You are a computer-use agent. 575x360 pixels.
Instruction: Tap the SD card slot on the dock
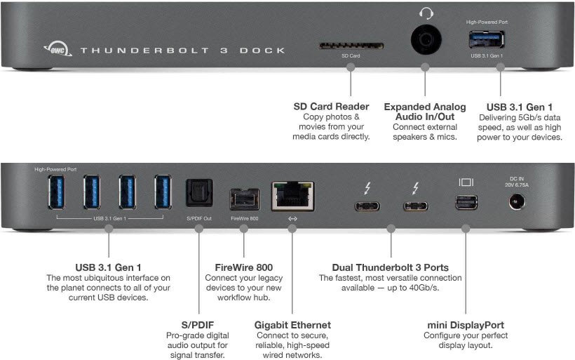pyautogui.click(x=351, y=46)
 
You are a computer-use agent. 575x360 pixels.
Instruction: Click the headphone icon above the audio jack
pyautogui.click(x=425, y=13)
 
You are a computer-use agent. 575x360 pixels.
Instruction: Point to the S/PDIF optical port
pyautogui.click(x=198, y=192)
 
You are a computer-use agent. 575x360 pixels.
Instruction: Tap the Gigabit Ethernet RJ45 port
pyautogui.click(x=292, y=195)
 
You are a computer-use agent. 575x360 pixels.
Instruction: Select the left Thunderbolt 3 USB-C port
pyautogui.click(x=367, y=206)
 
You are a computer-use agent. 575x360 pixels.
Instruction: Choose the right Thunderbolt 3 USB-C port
pyautogui.click(x=415, y=206)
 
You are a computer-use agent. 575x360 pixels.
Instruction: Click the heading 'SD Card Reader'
pyautogui.click(x=331, y=107)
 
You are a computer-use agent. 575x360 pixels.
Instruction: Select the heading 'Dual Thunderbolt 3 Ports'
pyautogui.click(x=391, y=267)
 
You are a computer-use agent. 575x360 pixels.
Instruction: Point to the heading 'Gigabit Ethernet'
pyautogui.click(x=292, y=325)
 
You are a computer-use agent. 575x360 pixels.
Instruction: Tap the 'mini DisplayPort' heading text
pyautogui.click(x=466, y=325)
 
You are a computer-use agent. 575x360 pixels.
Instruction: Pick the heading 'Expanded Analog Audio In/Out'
pyautogui.click(x=424, y=112)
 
